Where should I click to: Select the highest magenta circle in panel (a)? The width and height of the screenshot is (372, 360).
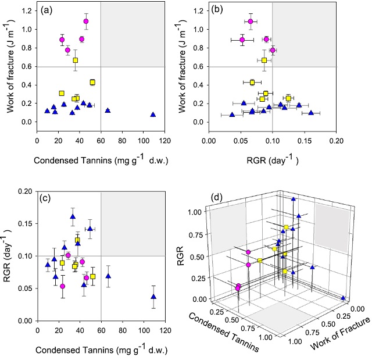(x=86, y=22)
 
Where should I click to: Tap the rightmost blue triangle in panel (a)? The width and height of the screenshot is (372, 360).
(x=153, y=115)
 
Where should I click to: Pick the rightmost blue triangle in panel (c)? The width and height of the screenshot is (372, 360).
(x=153, y=297)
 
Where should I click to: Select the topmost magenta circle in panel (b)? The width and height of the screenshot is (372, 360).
(x=251, y=22)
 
